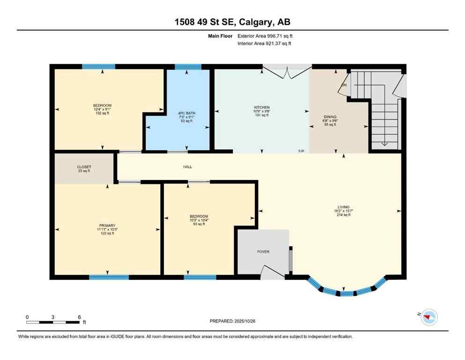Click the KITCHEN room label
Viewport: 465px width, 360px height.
pyautogui.click(x=261, y=107)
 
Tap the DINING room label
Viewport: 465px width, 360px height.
pyautogui.click(x=330, y=117)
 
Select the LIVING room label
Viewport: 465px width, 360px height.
pyautogui.click(x=344, y=207)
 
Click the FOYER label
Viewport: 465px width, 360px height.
pyautogui.click(x=263, y=252)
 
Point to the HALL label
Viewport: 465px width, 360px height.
pyautogui.click(x=187, y=166)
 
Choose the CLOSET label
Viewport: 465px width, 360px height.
pyautogui.click(x=84, y=167)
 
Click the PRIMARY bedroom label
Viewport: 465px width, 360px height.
pyautogui.click(x=107, y=225)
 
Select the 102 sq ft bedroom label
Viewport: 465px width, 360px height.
pyautogui.click(x=102, y=105)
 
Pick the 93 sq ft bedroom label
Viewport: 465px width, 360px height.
pyautogui.click(x=199, y=216)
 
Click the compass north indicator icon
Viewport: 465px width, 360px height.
pyautogui.click(x=428, y=317)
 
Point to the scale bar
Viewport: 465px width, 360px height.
pyautogui.click(x=53, y=322)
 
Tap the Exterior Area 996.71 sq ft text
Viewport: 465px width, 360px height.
pyautogui.click(x=266, y=36)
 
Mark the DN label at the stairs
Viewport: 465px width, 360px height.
pyautogui.click(x=344, y=85)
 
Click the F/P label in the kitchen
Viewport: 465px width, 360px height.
pyautogui.click(x=302, y=151)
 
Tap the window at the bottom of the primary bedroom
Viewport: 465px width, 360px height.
pyautogui.click(x=109, y=277)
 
